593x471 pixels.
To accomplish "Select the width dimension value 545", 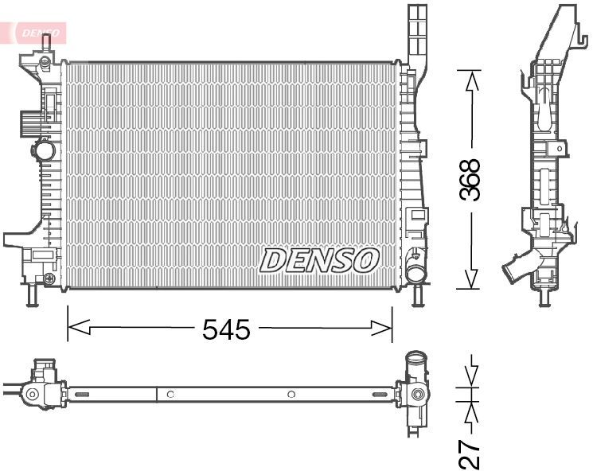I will [227, 328].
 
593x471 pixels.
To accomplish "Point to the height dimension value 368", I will [471, 181].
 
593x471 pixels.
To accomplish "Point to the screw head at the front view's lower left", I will [50, 278].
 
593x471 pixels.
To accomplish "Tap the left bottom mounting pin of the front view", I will [32, 296].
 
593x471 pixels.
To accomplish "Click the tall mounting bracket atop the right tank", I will [418, 36].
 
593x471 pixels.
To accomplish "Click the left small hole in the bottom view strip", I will [170, 394].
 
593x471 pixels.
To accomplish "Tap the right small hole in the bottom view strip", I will [291, 394].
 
